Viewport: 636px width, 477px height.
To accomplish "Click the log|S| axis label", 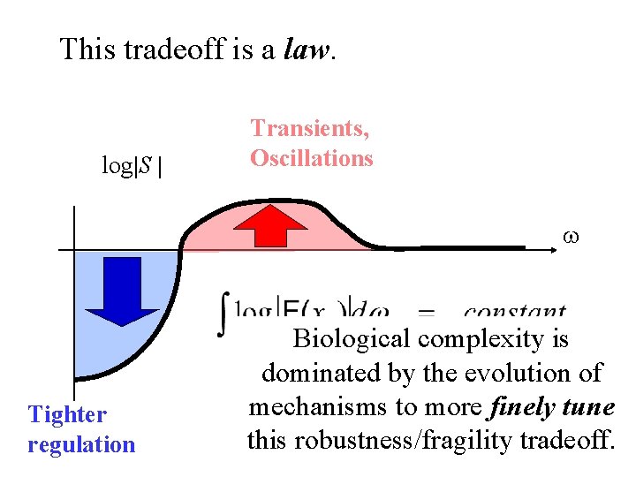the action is point(132,165).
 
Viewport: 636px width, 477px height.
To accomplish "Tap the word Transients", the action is point(310,128).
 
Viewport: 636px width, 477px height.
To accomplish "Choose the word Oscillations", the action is point(311,158).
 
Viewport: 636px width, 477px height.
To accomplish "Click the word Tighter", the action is point(67,414).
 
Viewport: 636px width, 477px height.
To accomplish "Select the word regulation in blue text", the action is point(81,444).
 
